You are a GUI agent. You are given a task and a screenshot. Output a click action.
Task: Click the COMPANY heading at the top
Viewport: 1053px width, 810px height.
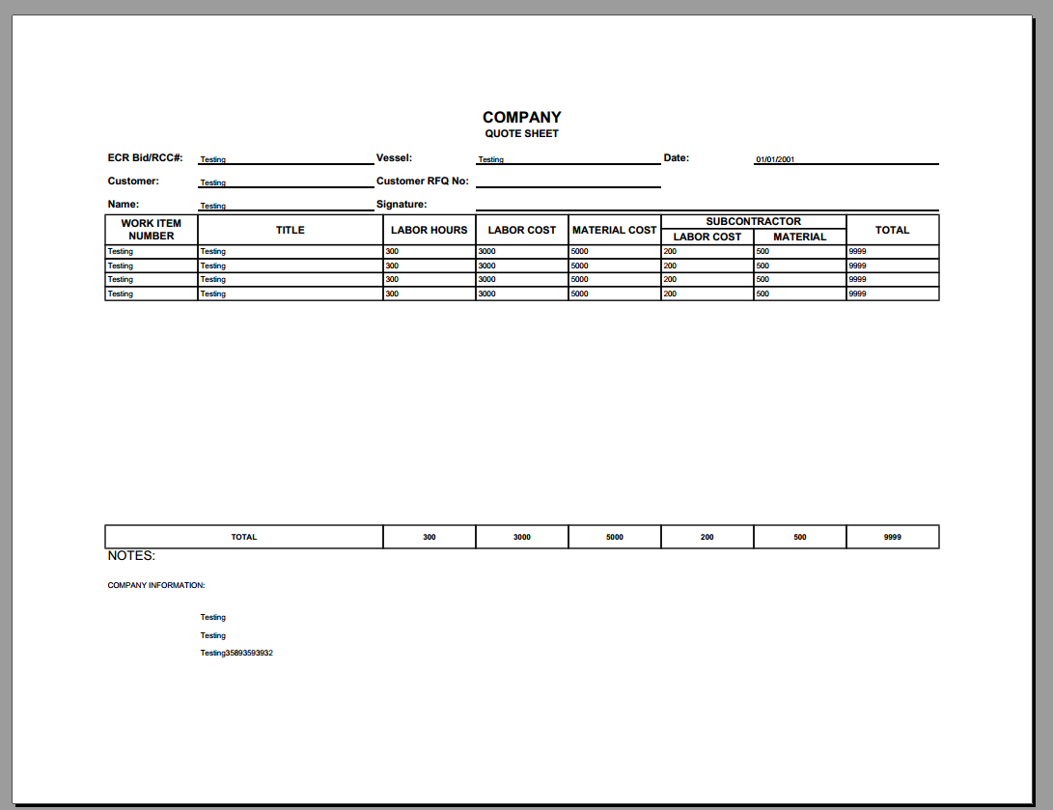pyautogui.click(x=521, y=118)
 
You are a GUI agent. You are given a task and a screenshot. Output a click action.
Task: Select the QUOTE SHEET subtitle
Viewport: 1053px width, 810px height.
pyautogui.click(x=521, y=134)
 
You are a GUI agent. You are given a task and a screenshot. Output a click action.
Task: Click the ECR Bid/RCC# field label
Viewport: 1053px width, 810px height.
pyautogui.click(x=146, y=157)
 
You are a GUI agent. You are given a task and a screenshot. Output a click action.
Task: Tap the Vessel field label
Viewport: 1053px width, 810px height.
pyautogui.click(x=394, y=157)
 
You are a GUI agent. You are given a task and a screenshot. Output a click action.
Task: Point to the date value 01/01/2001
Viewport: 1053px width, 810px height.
pyautogui.click(x=775, y=159)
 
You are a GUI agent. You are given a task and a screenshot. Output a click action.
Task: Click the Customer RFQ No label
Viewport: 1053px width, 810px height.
pyautogui.click(x=422, y=181)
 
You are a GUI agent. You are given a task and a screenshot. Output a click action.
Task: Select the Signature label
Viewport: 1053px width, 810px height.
pyautogui.click(x=402, y=204)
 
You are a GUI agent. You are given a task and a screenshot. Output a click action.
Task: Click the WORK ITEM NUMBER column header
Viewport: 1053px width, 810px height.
pyautogui.click(x=152, y=230)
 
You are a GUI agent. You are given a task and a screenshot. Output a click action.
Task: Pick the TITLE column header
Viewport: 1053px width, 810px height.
pyautogui.click(x=291, y=230)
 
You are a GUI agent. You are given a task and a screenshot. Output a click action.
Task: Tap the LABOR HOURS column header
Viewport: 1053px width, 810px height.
pyautogui.click(x=429, y=230)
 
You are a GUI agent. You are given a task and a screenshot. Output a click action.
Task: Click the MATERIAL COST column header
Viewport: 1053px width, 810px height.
pyautogui.click(x=614, y=230)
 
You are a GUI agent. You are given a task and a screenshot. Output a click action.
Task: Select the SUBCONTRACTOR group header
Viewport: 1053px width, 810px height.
pyautogui.click(x=753, y=221)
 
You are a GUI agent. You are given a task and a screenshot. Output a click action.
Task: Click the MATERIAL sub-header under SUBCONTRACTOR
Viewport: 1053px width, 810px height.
pyautogui.click(x=799, y=237)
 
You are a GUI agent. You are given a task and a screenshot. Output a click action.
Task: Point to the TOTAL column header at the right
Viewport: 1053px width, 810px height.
pyautogui.click(x=892, y=230)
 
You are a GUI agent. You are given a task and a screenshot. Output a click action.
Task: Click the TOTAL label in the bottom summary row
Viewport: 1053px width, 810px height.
pyautogui.click(x=244, y=537)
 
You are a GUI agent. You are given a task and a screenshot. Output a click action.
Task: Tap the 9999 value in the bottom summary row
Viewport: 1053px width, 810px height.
pyautogui.click(x=892, y=537)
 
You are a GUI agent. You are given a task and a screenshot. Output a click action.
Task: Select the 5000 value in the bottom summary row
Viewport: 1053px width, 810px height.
pyautogui.click(x=614, y=537)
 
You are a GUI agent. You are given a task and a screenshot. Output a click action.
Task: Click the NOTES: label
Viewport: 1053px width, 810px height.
pyautogui.click(x=131, y=556)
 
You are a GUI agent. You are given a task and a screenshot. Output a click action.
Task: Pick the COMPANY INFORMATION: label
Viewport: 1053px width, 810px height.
pyautogui.click(x=156, y=585)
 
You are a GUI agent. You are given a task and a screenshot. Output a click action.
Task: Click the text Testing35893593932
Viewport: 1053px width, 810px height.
pyautogui.click(x=236, y=654)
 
